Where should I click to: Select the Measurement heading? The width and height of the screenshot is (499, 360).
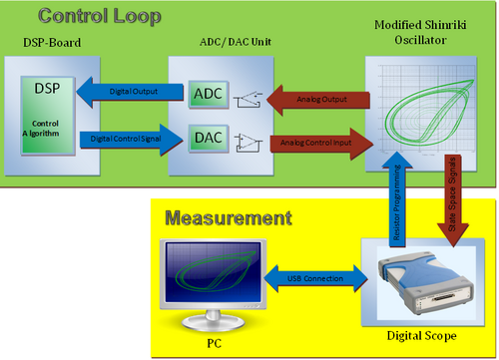click(x=228, y=217)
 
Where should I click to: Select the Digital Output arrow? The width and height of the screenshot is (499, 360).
click(x=125, y=91)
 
